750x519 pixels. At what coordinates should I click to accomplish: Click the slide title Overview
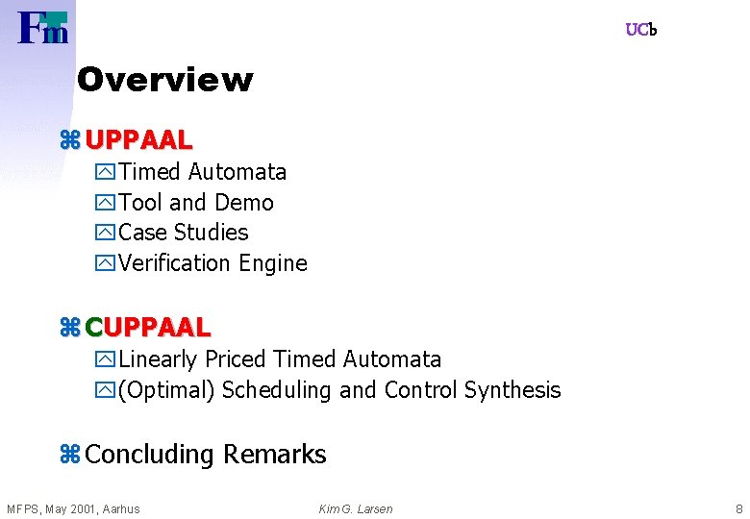[x=164, y=80]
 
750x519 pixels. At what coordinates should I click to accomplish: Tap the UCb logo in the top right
[x=640, y=30]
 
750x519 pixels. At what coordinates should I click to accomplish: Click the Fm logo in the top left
[x=43, y=28]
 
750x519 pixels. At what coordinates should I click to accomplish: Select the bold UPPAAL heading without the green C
[x=138, y=140]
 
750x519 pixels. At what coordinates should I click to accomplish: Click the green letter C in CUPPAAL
[x=93, y=328]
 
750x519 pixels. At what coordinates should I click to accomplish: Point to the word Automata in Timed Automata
[x=237, y=172]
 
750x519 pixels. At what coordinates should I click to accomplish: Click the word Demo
[x=244, y=203]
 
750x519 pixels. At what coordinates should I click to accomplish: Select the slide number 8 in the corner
[x=738, y=508]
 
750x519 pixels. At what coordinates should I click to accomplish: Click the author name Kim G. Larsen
[x=356, y=508]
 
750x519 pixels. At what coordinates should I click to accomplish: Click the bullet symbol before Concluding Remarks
[x=69, y=455]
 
